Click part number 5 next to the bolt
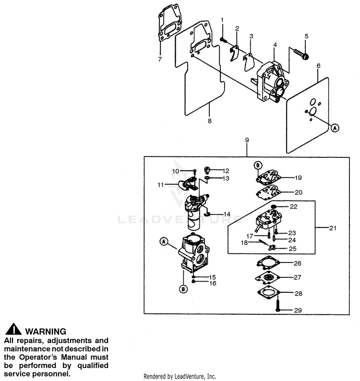point(306,36)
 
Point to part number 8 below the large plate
point(209,121)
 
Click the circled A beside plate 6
point(335,127)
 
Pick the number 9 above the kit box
point(247,140)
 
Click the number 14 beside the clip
point(227,214)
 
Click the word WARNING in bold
point(45,331)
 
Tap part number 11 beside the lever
point(160,184)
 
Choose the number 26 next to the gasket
point(298,263)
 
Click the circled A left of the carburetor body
point(164,243)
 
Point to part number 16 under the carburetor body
point(213,283)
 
